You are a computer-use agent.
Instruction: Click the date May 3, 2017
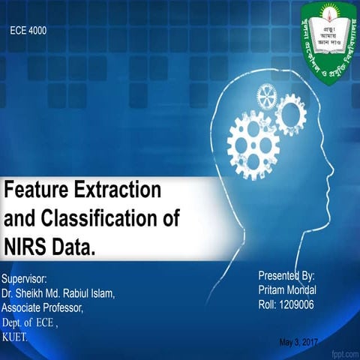click(x=298, y=342)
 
